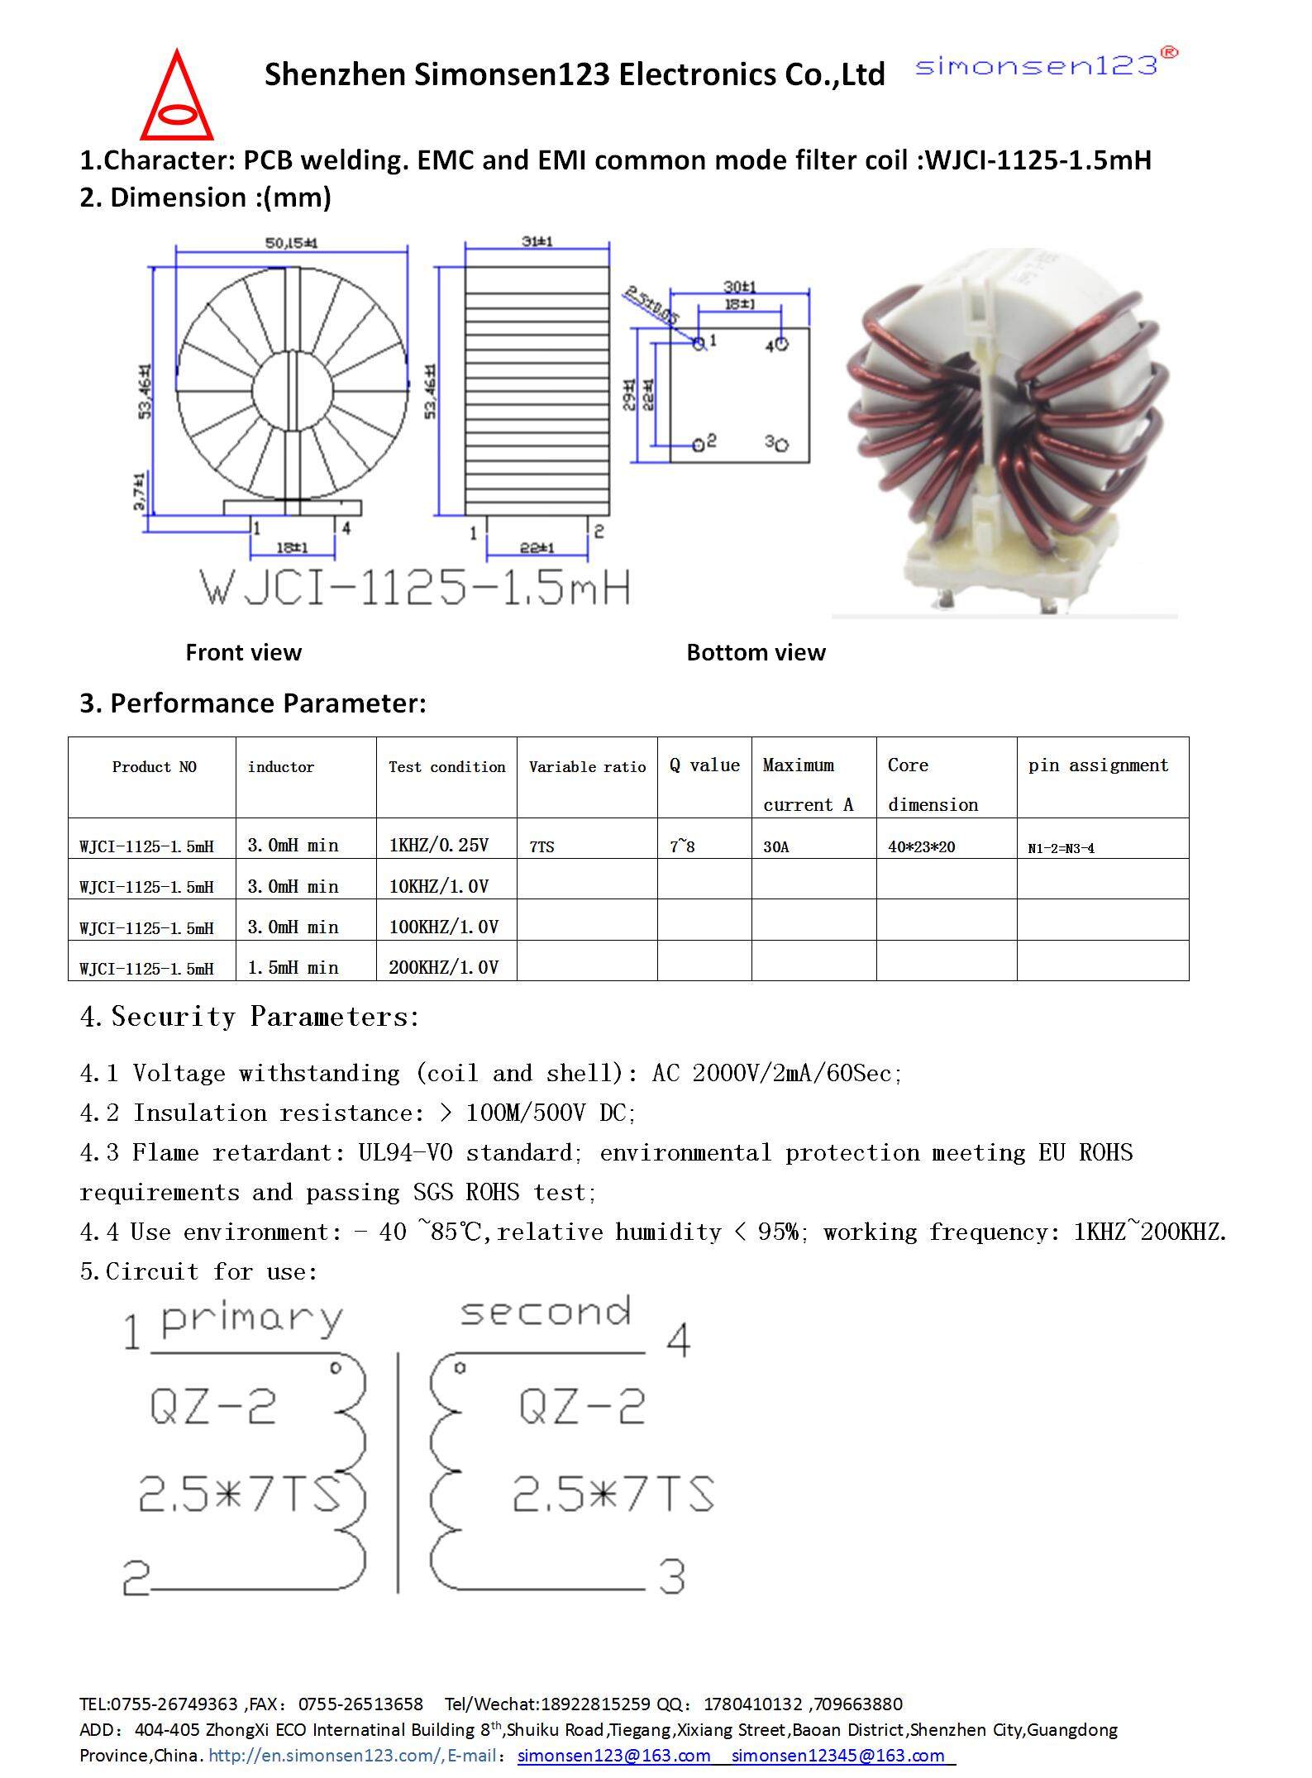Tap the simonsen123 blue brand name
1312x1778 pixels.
1037,65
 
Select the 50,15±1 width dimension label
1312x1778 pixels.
291,243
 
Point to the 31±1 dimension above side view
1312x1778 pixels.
537,241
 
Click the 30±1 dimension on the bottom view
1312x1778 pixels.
740,286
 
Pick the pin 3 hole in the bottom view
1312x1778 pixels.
782,445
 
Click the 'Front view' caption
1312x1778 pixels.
243,652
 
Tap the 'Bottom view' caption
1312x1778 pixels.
756,652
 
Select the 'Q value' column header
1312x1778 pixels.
704,765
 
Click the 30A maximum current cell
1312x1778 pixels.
775,846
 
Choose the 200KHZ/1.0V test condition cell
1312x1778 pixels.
444,967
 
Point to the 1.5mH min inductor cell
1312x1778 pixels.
293,967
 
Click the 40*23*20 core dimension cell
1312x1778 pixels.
921,846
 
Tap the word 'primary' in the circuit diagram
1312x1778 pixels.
252,1320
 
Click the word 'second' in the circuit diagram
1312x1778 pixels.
546,1313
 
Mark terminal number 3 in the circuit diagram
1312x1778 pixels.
672,1576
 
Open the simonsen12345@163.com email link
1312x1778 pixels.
837,1755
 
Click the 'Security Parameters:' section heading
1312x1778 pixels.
250,1017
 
